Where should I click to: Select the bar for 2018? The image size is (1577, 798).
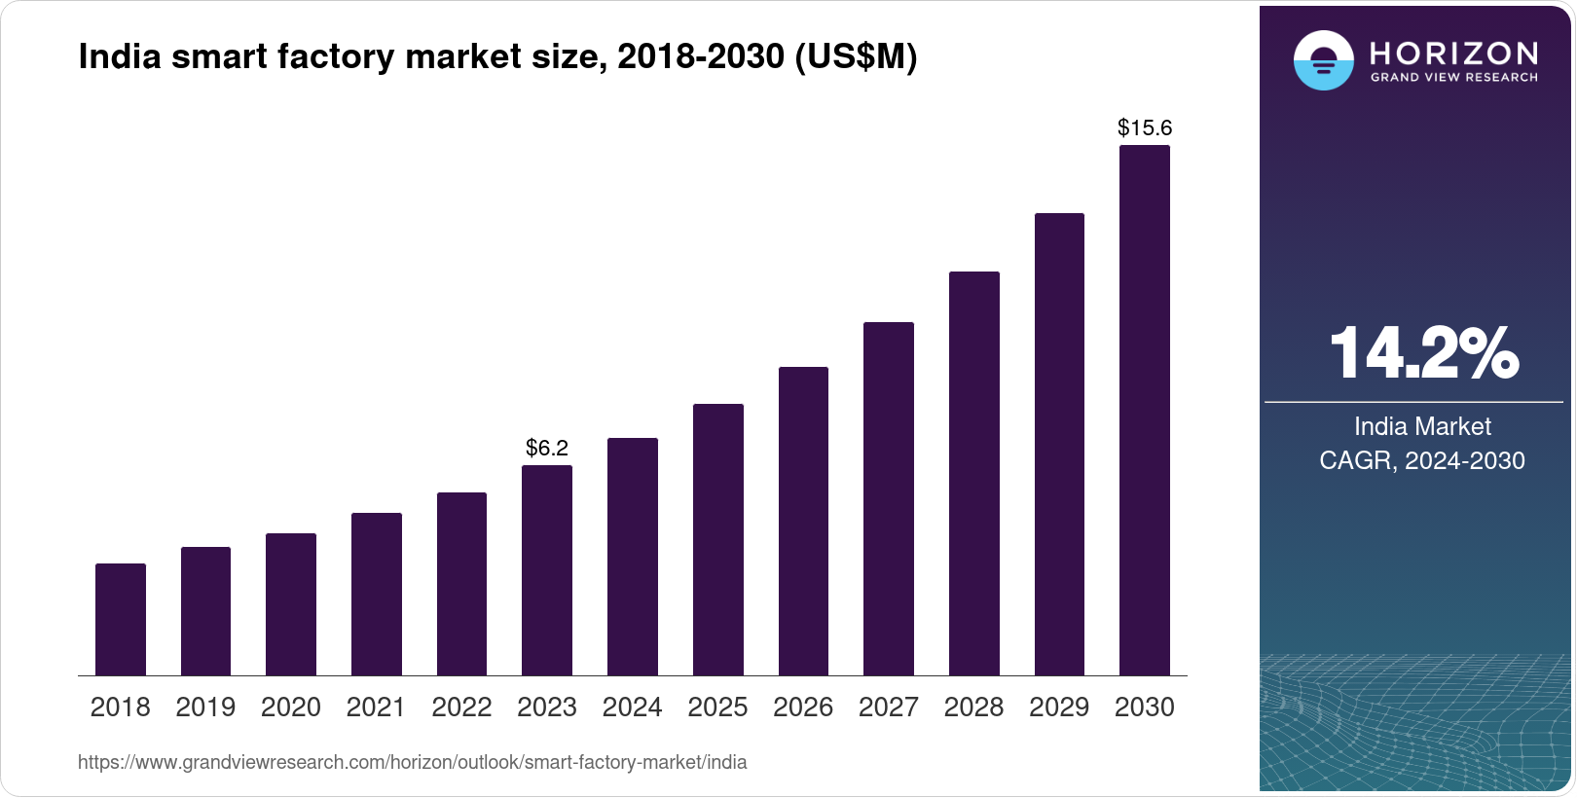(121, 619)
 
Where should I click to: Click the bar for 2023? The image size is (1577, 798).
(547, 570)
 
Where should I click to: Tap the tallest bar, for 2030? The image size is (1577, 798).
(1145, 411)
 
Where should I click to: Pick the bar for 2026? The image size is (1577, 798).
(803, 521)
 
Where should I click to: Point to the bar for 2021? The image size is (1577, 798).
(377, 594)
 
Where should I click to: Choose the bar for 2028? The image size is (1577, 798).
(974, 473)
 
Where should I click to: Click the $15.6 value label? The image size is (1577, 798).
(1145, 127)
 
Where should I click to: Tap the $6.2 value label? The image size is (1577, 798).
(547, 448)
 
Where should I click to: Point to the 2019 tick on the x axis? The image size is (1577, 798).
(205, 707)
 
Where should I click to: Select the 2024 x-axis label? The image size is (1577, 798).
(632, 707)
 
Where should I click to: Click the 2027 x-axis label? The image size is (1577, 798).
(888, 707)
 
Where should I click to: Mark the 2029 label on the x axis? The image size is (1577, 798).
(1059, 707)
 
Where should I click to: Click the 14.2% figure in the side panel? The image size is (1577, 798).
(1423, 353)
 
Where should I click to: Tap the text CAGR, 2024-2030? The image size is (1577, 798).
(1422, 460)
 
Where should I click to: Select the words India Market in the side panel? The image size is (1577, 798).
(1422, 426)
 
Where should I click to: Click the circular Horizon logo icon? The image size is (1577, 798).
(1323, 61)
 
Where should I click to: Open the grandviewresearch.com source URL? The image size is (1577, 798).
(412, 763)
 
